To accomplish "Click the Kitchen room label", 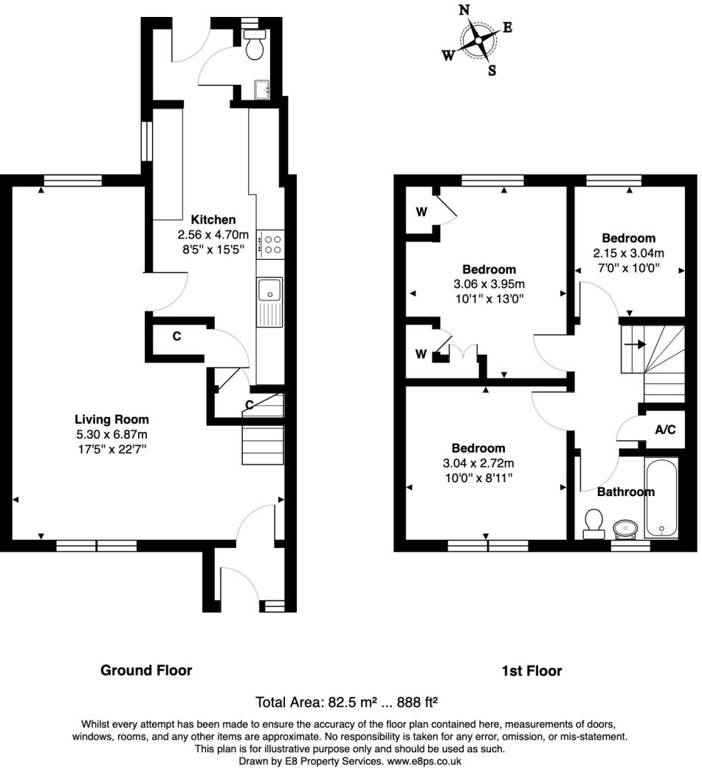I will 213,219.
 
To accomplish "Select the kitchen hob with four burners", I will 272,244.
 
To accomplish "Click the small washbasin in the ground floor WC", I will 262,90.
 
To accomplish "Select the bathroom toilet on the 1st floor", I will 592,523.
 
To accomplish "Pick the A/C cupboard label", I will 665,430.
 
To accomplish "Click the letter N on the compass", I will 464,10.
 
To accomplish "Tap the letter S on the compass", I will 492,71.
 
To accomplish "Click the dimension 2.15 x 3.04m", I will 628,253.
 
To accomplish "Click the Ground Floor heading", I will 146,670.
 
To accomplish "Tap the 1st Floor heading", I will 531,671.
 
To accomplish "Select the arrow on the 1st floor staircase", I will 633,344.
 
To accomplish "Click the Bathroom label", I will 625,492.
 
